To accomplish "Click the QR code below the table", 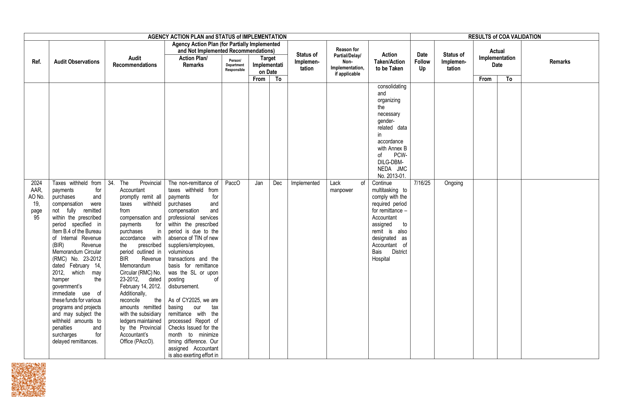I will click(29, 380).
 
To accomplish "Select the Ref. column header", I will click(36, 62).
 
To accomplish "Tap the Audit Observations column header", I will click(77, 62).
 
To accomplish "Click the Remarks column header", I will click(560, 62).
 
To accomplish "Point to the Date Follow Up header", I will click(422, 62).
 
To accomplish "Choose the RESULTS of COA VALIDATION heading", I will click(504, 37).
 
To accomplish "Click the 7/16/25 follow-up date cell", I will click(422, 183).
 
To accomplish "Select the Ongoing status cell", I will click(453, 183).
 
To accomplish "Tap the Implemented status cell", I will click(305, 183).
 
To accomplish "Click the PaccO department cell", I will click(232, 183).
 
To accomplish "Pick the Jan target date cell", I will click(259, 183).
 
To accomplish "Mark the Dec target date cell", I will click(278, 183).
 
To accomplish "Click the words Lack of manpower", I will click(347, 187).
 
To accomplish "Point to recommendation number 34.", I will click(111, 183).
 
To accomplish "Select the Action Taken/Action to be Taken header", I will click(389, 62).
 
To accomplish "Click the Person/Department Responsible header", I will click(235, 65).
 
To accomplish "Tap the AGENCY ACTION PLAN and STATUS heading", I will click(217, 37).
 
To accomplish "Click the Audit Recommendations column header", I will click(135, 62).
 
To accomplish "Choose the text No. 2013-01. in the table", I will click(392, 176).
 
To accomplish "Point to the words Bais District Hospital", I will click(389, 255).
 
